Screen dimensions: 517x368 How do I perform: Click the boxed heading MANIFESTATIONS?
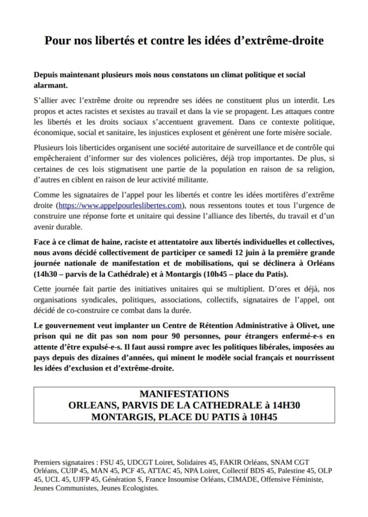pos(184,394)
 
